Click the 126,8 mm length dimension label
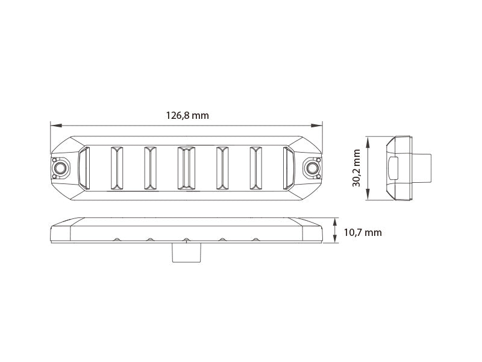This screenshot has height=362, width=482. pyautogui.click(x=187, y=115)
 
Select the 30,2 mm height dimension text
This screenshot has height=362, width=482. pyautogui.click(x=357, y=168)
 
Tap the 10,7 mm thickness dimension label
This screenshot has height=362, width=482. pyautogui.click(x=362, y=232)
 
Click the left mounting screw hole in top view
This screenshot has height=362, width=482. pyautogui.click(x=60, y=167)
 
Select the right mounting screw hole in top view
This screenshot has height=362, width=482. pyautogui.click(x=312, y=167)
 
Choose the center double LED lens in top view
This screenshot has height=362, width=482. pyautogui.click(x=186, y=167)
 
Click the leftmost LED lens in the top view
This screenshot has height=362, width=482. pyautogui.click(x=84, y=167)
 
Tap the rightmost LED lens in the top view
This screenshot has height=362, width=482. pyautogui.click(x=289, y=167)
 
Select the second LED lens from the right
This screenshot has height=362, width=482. pyautogui.click(x=256, y=167)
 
